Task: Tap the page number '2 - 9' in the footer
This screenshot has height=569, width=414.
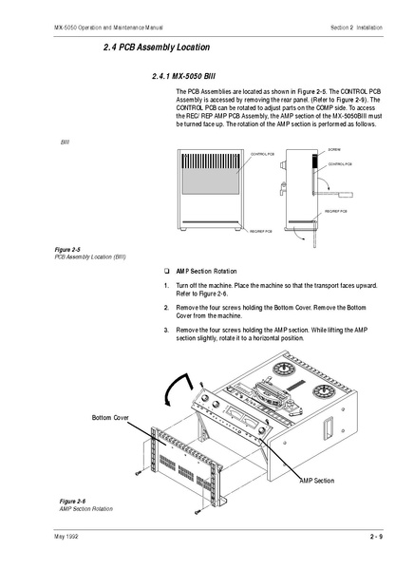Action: click(x=376, y=538)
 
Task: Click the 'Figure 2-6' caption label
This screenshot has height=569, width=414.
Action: click(x=73, y=501)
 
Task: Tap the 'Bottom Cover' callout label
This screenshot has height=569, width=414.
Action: click(x=110, y=417)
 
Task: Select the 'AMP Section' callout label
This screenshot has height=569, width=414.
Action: click(x=316, y=481)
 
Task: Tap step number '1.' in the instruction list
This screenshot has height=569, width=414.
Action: click(x=166, y=285)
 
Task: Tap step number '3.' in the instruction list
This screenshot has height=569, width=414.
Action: click(x=166, y=328)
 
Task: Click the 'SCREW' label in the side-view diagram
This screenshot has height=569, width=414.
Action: click(x=334, y=149)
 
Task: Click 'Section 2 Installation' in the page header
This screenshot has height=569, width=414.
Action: click(x=358, y=27)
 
